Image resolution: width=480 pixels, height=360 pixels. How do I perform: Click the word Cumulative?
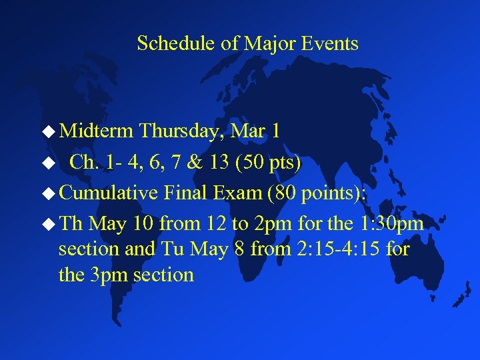pos(108,193)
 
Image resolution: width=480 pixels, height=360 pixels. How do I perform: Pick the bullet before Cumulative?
pos(49,194)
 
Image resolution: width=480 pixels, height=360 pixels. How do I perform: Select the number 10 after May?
pos(143,223)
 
